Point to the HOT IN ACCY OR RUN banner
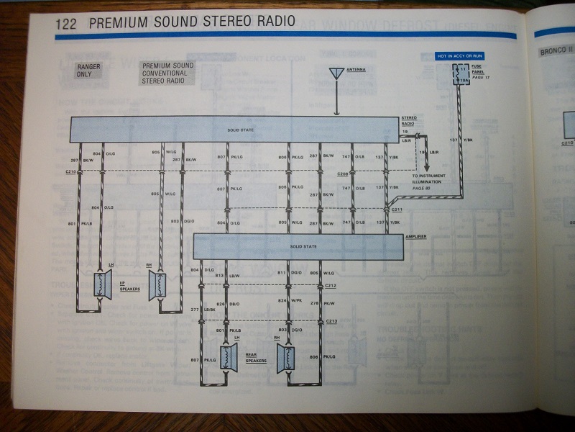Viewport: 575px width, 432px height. point(459,55)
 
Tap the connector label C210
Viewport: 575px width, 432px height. point(70,173)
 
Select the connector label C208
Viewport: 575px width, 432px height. point(342,174)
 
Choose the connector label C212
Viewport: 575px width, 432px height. point(331,285)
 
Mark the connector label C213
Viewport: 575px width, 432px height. point(331,321)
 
